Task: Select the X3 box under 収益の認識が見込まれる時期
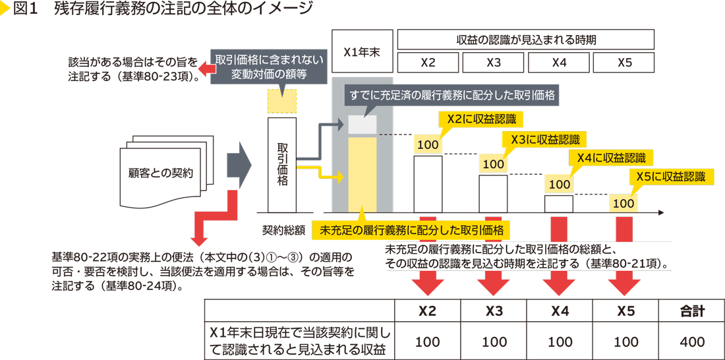(x=493, y=63)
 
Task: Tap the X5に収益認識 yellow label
(x=670, y=177)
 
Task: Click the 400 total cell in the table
(x=691, y=342)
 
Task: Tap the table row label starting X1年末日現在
(x=300, y=342)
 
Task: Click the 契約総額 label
(x=283, y=230)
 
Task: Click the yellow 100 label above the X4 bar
(x=559, y=185)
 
